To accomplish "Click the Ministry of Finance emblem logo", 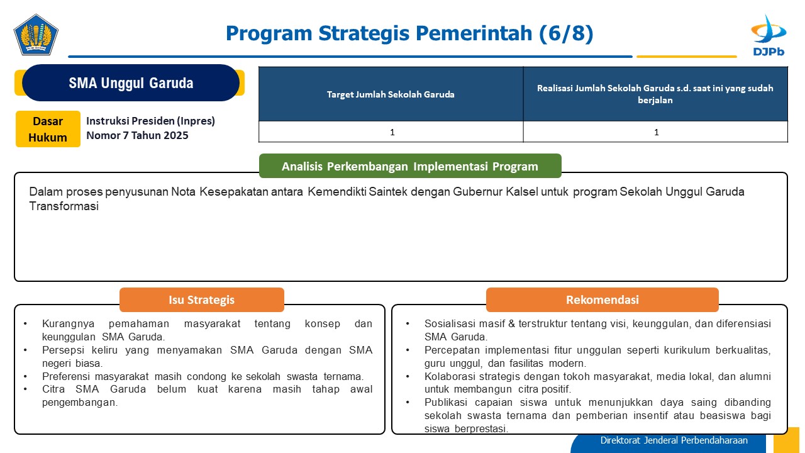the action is click(x=36, y=35).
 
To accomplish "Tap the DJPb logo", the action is click(x=769, y=35).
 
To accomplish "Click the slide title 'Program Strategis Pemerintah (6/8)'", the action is click(x=409, y=33).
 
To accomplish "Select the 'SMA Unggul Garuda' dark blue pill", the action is click(x=131, y=82).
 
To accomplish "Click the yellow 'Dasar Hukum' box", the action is click(x=48, y=129).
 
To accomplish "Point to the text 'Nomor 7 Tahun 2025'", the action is click(x=137, y=135).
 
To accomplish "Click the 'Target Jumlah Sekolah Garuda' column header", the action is click(x=391, y=94).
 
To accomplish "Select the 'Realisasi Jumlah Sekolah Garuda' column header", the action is click(x=655, y=94).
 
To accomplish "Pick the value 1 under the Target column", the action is click(x=392, y=132).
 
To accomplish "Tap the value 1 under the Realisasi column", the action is click(x=656, y=132).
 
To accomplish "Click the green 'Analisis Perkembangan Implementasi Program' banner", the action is click(x=410, y=166).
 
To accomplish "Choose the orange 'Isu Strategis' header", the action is click(x=202, y=300).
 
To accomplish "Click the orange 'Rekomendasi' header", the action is click(x=602, y=300).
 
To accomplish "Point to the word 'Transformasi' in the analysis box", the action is click(x=64, y=206).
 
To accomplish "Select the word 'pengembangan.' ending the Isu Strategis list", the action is click(x=80, y=403).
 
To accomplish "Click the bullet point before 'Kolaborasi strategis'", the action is click(x=408, y=376).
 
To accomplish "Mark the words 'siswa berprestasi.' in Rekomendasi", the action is click(x=467, y=429).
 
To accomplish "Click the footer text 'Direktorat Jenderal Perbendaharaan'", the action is click(x=674, y=440).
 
